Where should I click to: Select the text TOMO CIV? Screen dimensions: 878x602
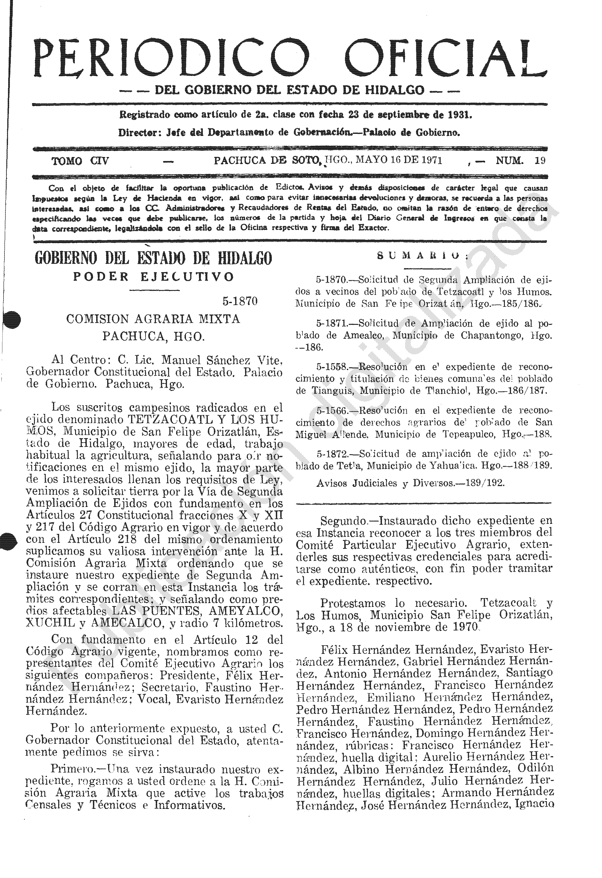pos(80,161)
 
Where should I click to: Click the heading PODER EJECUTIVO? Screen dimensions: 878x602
pos(153,277)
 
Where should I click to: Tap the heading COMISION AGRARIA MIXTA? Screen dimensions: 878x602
pos(153,319)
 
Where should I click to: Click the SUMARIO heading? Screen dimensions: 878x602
pos(423,256)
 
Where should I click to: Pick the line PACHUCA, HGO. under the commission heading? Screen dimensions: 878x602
pos(153,336)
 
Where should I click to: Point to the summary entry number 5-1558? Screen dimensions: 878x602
pos(331,367)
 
